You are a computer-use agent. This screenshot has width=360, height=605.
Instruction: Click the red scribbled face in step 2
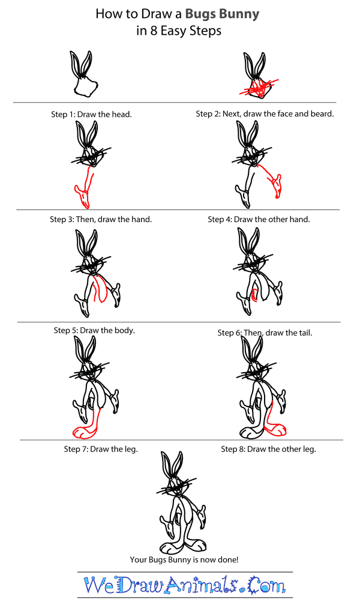click(x=257, y=90)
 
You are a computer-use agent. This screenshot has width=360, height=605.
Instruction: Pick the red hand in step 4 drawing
click(x=276, y=185)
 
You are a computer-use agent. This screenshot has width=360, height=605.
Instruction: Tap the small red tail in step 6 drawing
click(x=254, y=294)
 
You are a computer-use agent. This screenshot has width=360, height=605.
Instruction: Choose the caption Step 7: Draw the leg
click(x=101, y=449)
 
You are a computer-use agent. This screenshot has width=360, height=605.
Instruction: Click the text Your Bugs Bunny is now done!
click(x=184, y=559)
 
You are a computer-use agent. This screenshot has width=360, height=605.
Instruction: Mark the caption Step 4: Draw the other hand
click(x=259, y=219)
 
